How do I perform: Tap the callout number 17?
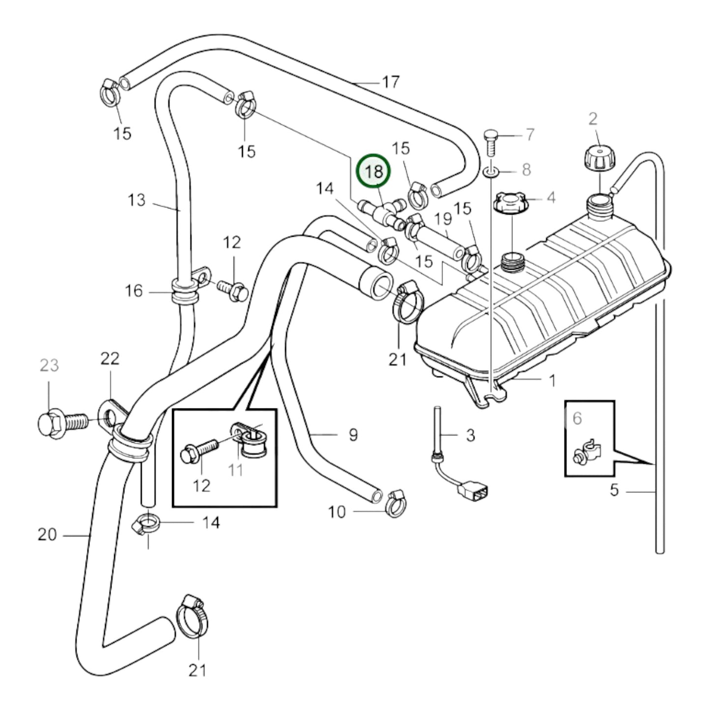(x=391, y=82)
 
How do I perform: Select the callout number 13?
(x=137, y=200)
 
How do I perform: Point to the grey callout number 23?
(x=49, y=365)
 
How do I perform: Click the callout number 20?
(x=47, y=534)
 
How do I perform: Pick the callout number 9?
(x=353, y=434)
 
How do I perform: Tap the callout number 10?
(x=337, y=512)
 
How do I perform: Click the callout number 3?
(x=470, y=435)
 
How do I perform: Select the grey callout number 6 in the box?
(x=577, y=418)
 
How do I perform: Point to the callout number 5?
(x=614, y=490)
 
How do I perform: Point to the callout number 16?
(x=134, y=291)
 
